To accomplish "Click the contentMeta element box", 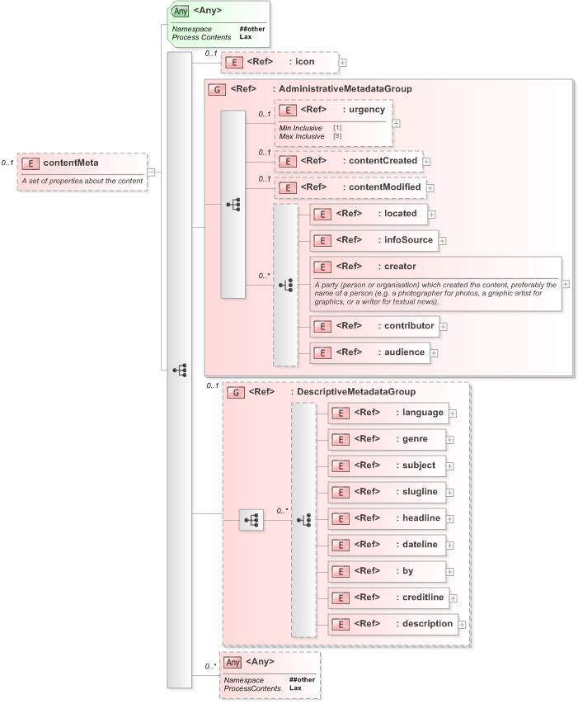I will point(82,163).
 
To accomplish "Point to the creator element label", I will point(399,267).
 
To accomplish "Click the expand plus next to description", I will point(462,625).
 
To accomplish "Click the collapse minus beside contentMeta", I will point(152,172).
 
